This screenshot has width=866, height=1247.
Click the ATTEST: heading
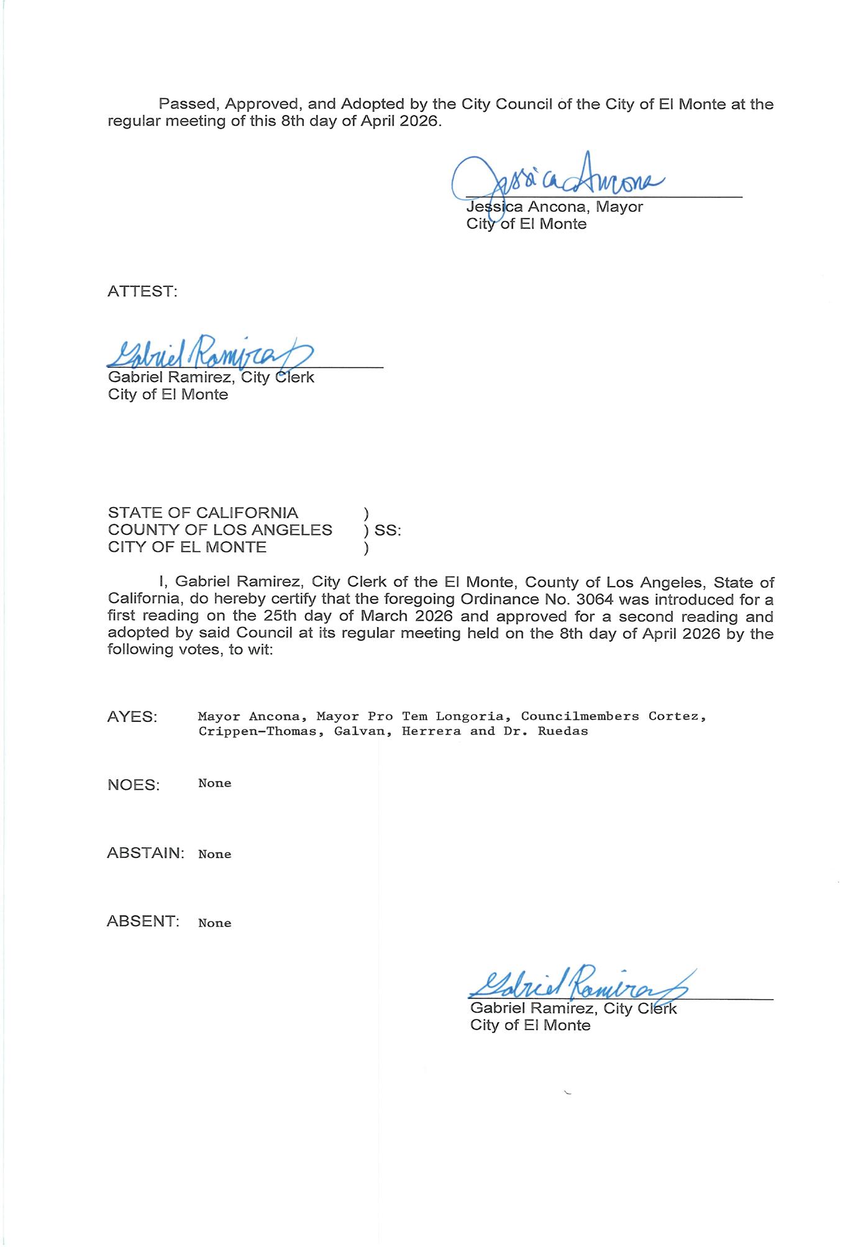click(x=142, y=291)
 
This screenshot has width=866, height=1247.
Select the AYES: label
click(x=132, y=716)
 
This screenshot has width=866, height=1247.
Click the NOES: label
click(x=134, y=785)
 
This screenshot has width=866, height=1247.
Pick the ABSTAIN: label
click(x=145, y=852)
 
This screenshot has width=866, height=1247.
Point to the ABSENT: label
click(x=143, y=921)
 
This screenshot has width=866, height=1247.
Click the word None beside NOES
click(x=214, y=783)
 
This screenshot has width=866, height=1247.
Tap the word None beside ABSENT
click(x=214, y=923)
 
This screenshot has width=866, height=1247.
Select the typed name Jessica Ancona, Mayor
click(x=554, y=207)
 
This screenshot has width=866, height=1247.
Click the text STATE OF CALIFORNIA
click(x=203, y=513)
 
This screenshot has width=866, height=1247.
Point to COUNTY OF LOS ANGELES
click(x=220, y=530)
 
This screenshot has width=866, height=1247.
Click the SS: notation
click(x=388, y=531)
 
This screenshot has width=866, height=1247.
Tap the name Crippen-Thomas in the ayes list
click(x=257, y=731)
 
